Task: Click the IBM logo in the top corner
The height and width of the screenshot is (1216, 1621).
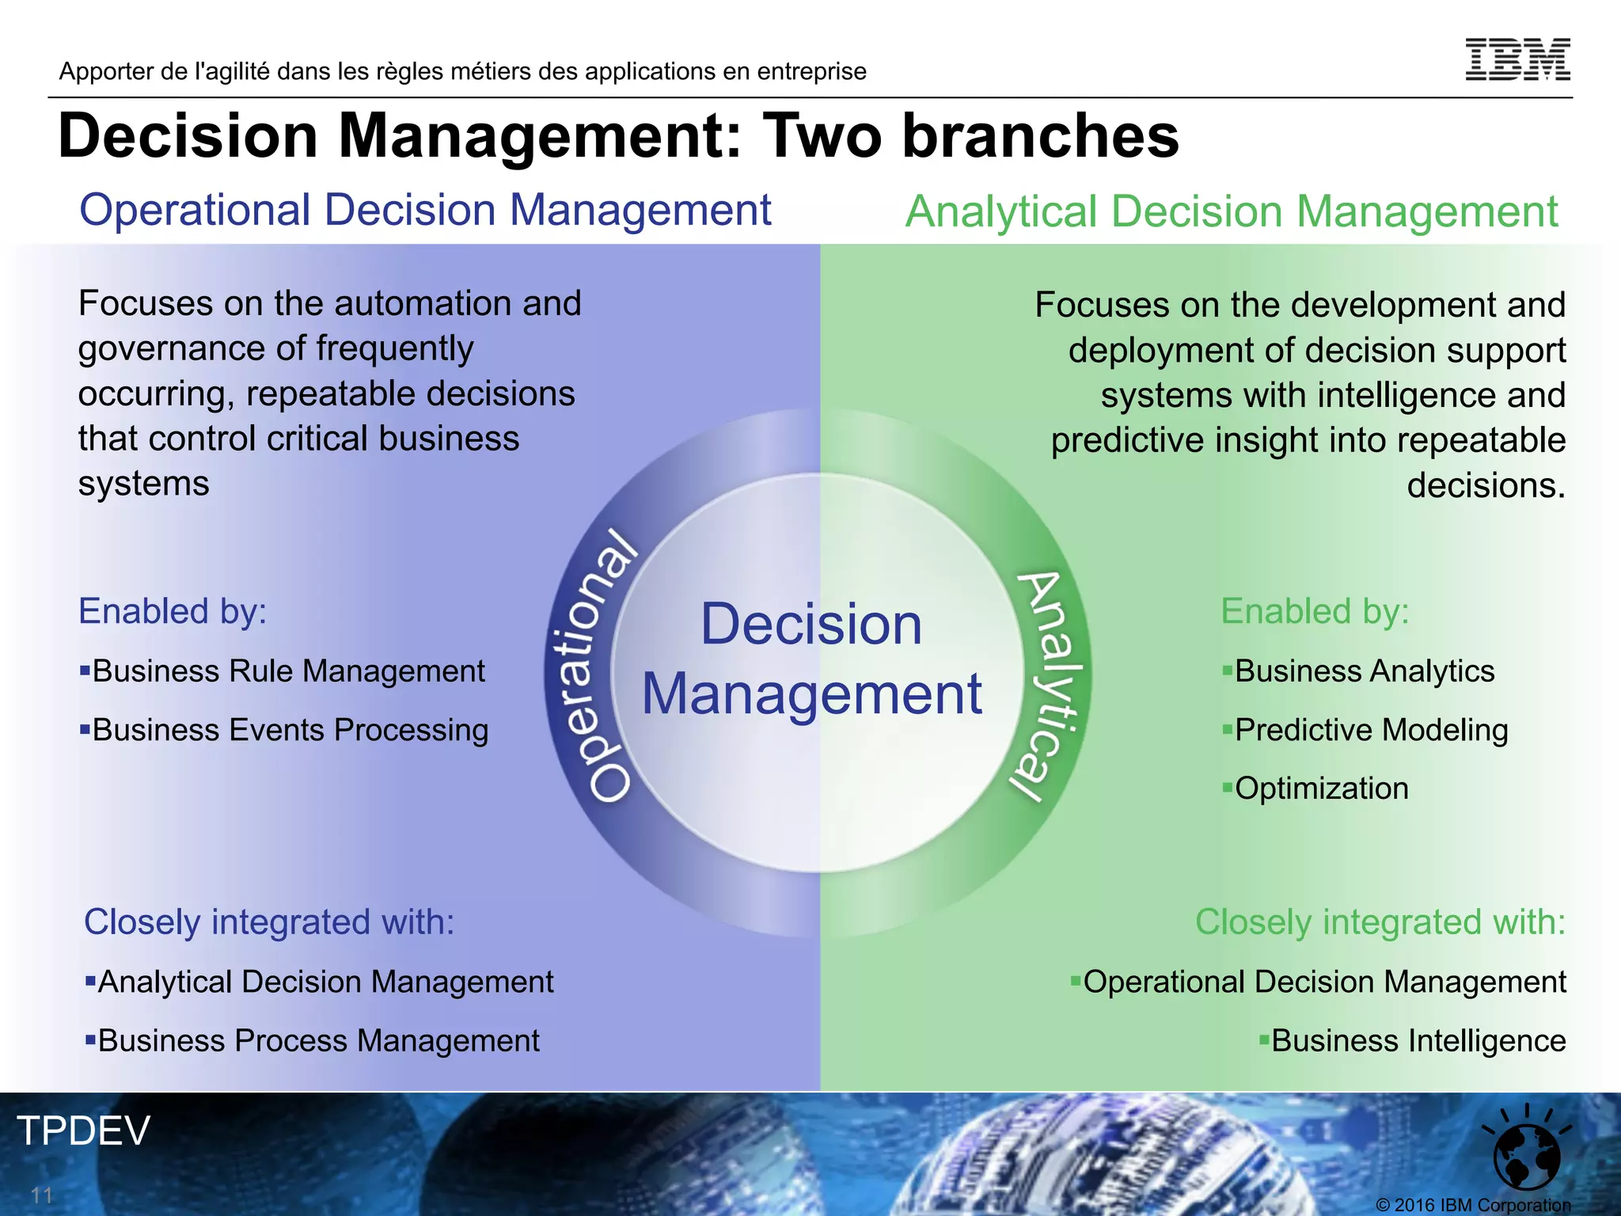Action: coord(1517,59)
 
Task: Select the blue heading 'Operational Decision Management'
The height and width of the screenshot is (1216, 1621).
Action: coord(425,211)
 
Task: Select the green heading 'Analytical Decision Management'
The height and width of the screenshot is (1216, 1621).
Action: coord(1231,212)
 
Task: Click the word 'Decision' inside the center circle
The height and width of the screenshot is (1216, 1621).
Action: coord(811,625)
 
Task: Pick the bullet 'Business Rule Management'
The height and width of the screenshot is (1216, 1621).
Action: coord(288,671)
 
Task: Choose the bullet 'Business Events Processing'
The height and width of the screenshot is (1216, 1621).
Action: coord(290,730)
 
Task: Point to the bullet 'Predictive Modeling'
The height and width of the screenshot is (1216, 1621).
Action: coord(1371,730)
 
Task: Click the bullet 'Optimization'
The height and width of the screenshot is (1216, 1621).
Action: coord(1321,788)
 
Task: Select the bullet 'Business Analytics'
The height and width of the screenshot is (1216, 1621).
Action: coord(1364,671)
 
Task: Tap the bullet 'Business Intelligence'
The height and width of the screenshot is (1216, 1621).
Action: coord(1418,1041)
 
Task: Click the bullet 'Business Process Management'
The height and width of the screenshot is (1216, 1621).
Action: coord(318,1041)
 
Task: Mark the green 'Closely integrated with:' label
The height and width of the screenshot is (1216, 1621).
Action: coord(1380,922)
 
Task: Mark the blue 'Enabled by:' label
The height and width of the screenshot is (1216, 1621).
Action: coord(173,611)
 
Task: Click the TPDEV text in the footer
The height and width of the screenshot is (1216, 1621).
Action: coord(83,1130)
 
